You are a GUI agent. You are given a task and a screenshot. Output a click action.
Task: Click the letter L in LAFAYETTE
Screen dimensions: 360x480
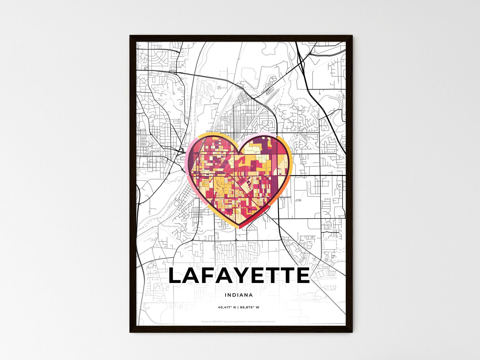(x=176, y=276)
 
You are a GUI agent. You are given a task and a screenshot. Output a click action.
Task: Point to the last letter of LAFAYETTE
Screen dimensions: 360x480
(x=303, y=276)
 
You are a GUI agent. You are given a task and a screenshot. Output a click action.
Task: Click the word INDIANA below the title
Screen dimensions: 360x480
(x=239, y=295)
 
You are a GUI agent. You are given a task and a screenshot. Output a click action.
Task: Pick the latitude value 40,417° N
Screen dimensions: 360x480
(x=227, y=307)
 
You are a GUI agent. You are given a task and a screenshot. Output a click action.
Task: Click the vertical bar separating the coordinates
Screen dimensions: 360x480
(x=238, y=307)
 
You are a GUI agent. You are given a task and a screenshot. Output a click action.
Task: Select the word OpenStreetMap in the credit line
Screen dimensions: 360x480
(x=256, y=321)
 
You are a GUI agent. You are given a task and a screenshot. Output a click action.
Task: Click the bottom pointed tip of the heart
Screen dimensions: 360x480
(x=239, y=228)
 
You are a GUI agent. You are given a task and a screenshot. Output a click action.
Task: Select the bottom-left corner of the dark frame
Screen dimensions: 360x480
(x=130, y=332)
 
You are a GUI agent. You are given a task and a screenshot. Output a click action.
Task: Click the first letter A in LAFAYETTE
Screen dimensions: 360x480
(x=193, y=276)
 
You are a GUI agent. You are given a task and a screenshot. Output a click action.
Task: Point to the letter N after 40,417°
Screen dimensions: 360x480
(x=234, y=307)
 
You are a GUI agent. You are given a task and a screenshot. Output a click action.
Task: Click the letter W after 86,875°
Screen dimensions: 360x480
(x=257, y=307)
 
